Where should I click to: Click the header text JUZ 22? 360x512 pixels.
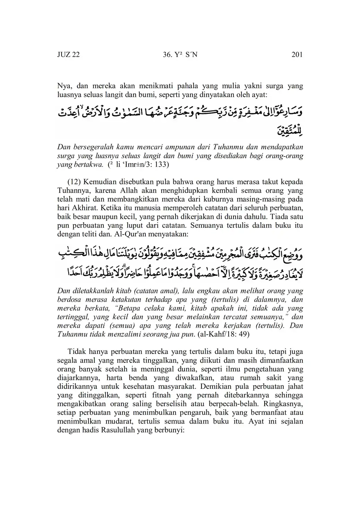68,54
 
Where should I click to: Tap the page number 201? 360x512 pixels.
297,54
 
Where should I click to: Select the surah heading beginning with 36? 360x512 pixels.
180,54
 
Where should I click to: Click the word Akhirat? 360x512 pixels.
78,208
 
